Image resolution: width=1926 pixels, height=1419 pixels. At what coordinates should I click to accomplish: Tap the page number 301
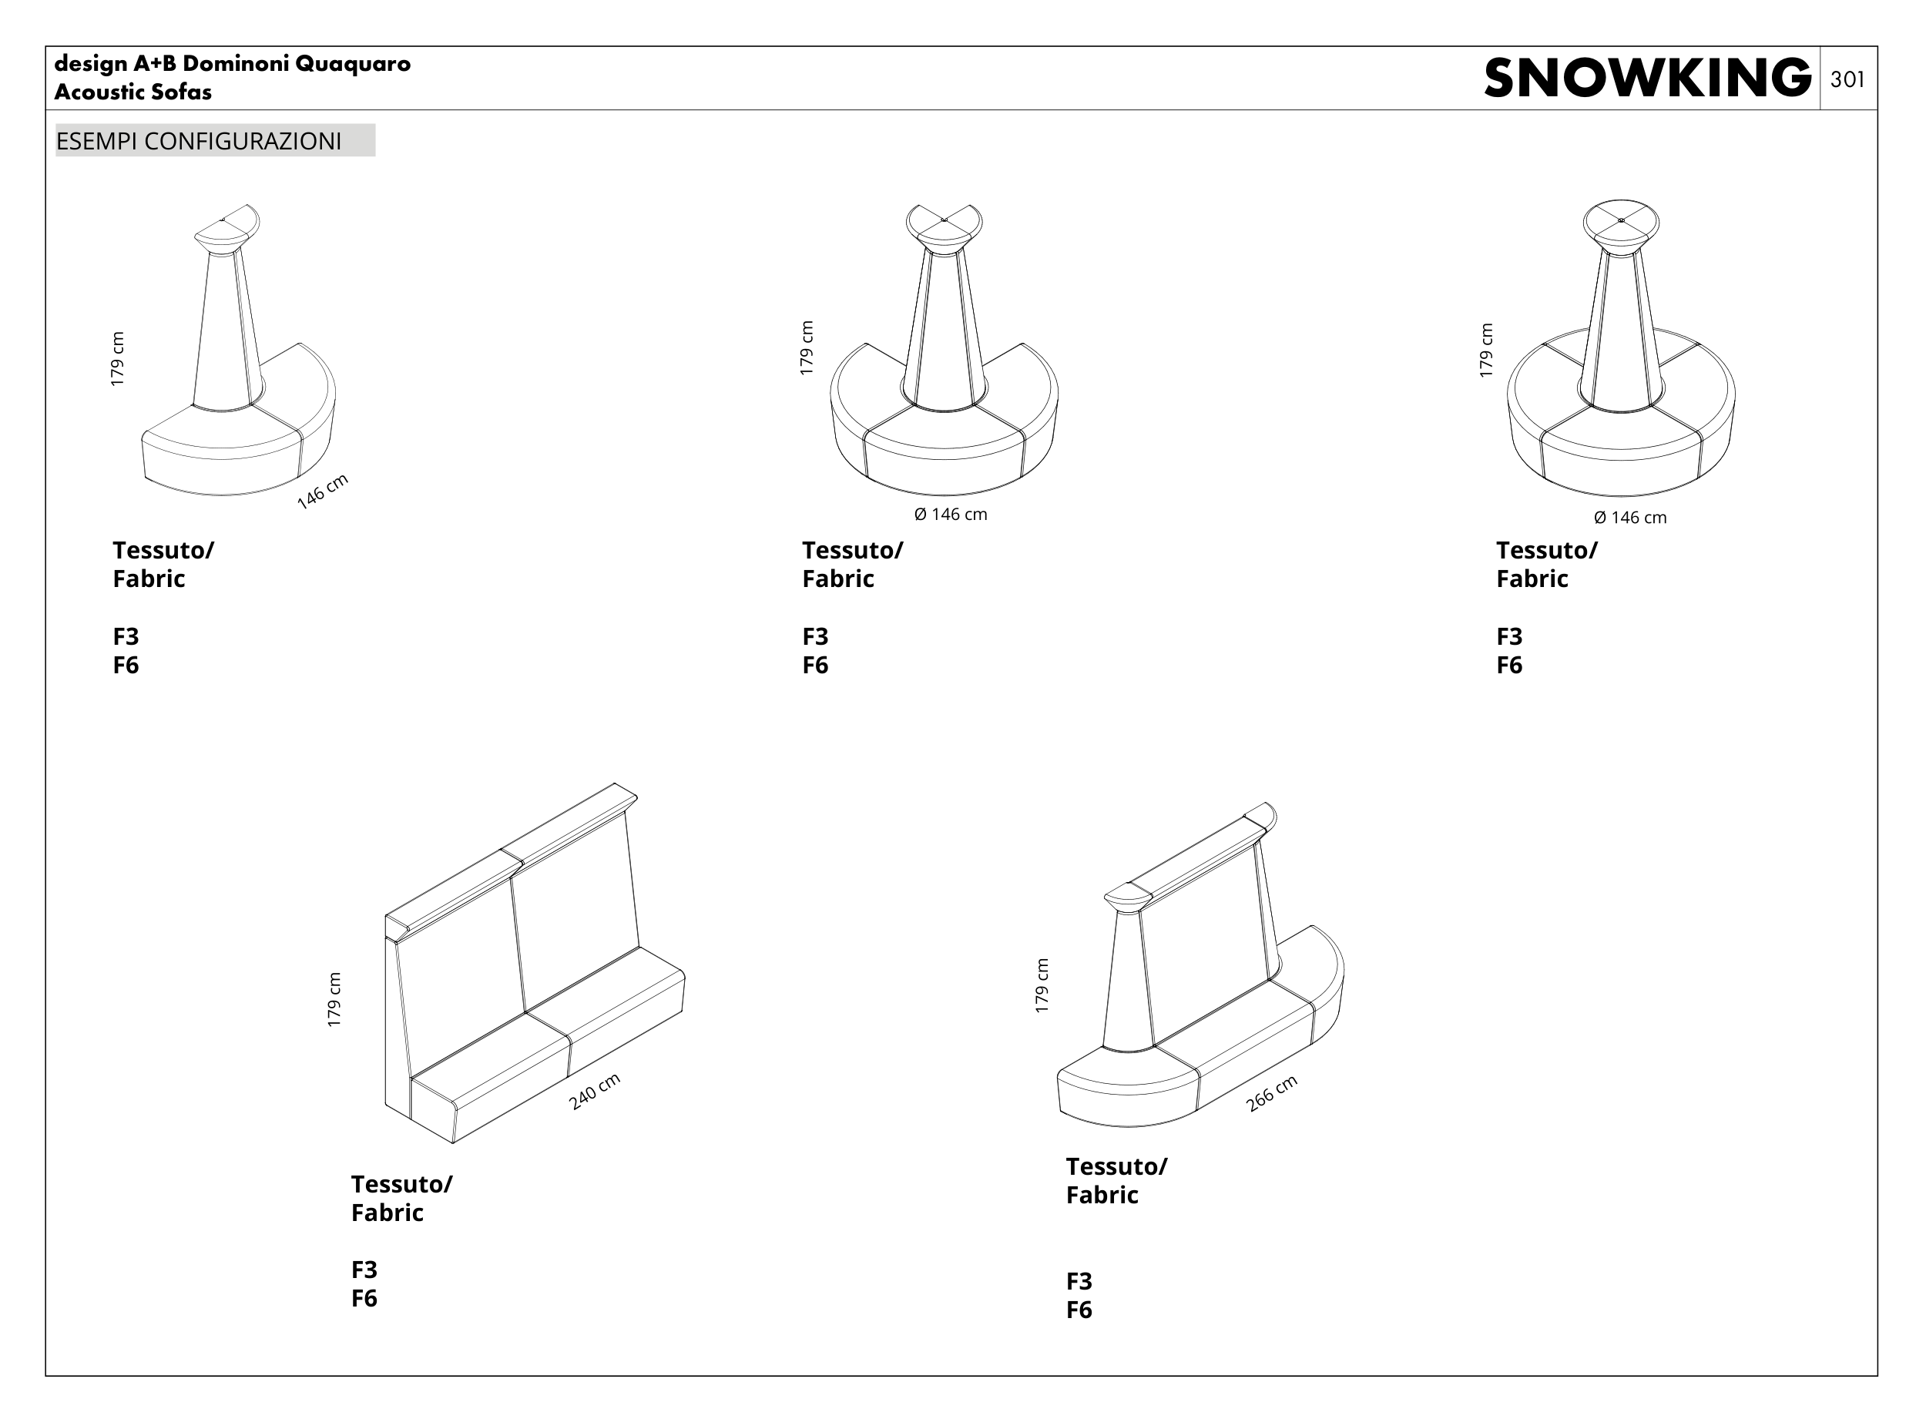[x=1847, y=80]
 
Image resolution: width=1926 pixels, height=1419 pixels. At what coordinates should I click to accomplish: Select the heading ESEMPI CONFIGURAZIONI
[x=199, y=141]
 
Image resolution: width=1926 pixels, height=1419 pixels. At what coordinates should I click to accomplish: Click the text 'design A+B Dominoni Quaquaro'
[x=232, y=64]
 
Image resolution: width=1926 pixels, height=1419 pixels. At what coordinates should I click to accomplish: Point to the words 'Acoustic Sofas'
[x=133, y=92]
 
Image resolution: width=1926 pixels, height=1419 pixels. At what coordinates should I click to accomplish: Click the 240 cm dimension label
[x=595, y=1091]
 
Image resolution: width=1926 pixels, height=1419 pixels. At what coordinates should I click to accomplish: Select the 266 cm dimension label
[x=1271, y=1093]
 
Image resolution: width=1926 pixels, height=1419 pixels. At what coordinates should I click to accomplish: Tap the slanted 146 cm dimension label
[x=322, y=491]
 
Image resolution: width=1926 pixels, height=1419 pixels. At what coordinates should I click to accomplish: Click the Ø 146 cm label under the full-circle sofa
[x=1629, y=517]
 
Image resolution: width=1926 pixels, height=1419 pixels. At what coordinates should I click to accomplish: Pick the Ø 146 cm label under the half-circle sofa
[x=950, y=515]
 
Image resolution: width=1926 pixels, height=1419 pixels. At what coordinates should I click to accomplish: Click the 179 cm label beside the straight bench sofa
[x=334, y=999]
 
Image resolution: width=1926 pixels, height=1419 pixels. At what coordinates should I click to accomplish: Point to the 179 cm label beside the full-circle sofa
[x=1486, y=350]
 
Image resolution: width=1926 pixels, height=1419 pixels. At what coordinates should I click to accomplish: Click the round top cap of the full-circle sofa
[x=1621, y=222]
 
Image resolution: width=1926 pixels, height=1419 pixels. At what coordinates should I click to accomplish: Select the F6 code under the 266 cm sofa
[x=1079, y=1310]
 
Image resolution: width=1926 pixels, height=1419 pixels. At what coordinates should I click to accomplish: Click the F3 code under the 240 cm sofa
[x=364, y=1270]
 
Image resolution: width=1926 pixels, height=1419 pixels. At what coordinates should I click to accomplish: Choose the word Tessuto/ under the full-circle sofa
[x=1546, y=550]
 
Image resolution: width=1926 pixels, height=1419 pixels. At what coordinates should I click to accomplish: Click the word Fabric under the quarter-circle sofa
[x=149, y=579]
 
